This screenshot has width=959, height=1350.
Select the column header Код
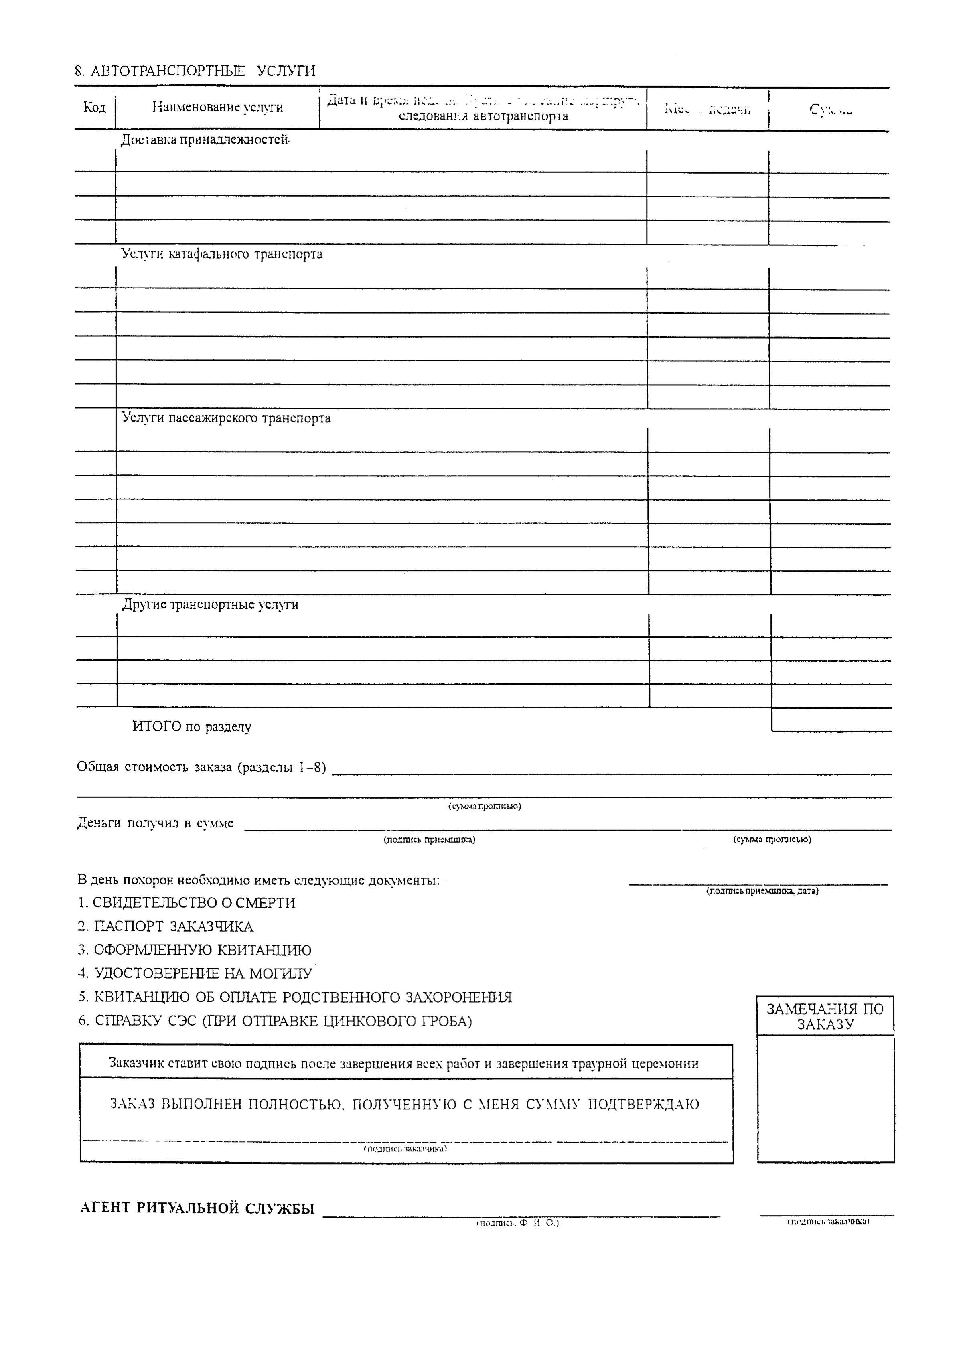95,107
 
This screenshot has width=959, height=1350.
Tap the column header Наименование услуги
217,107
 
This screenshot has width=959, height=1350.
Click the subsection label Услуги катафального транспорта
221,255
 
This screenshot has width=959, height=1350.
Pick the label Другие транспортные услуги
210,605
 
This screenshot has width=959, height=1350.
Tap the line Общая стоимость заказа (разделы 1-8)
201,768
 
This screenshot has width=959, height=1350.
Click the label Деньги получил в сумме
155,823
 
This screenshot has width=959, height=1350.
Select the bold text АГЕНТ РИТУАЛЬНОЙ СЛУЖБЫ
197,1208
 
